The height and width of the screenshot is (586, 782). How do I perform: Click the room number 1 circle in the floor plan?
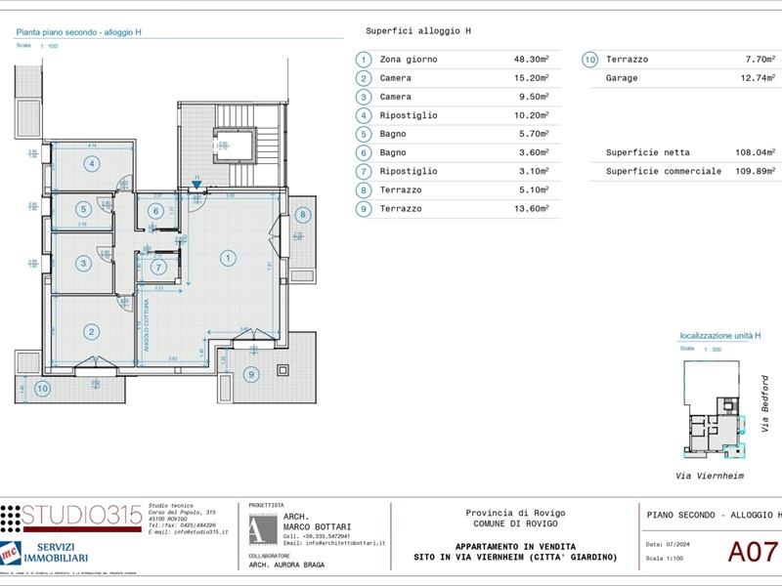228,258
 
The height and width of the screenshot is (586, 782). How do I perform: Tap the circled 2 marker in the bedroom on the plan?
91,332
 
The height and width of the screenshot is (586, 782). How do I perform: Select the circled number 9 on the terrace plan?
251,373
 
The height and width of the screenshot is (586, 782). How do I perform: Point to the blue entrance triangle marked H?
196,184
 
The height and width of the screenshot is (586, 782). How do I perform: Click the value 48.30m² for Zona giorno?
531,60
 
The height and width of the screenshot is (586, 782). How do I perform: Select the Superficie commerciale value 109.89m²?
755,171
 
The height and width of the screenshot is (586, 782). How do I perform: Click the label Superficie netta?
647,152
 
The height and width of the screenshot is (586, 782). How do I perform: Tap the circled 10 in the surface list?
589,60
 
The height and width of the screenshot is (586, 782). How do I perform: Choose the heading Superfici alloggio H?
418,31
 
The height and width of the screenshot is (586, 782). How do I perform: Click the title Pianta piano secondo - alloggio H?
78,32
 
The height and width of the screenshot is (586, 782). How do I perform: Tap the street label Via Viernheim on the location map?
711,476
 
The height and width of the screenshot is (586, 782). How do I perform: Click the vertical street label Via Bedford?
764,404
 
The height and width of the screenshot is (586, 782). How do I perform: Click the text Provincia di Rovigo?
515,513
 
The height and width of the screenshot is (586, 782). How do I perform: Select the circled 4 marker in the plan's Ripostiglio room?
91,163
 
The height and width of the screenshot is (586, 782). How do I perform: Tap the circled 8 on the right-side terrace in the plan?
302,214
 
